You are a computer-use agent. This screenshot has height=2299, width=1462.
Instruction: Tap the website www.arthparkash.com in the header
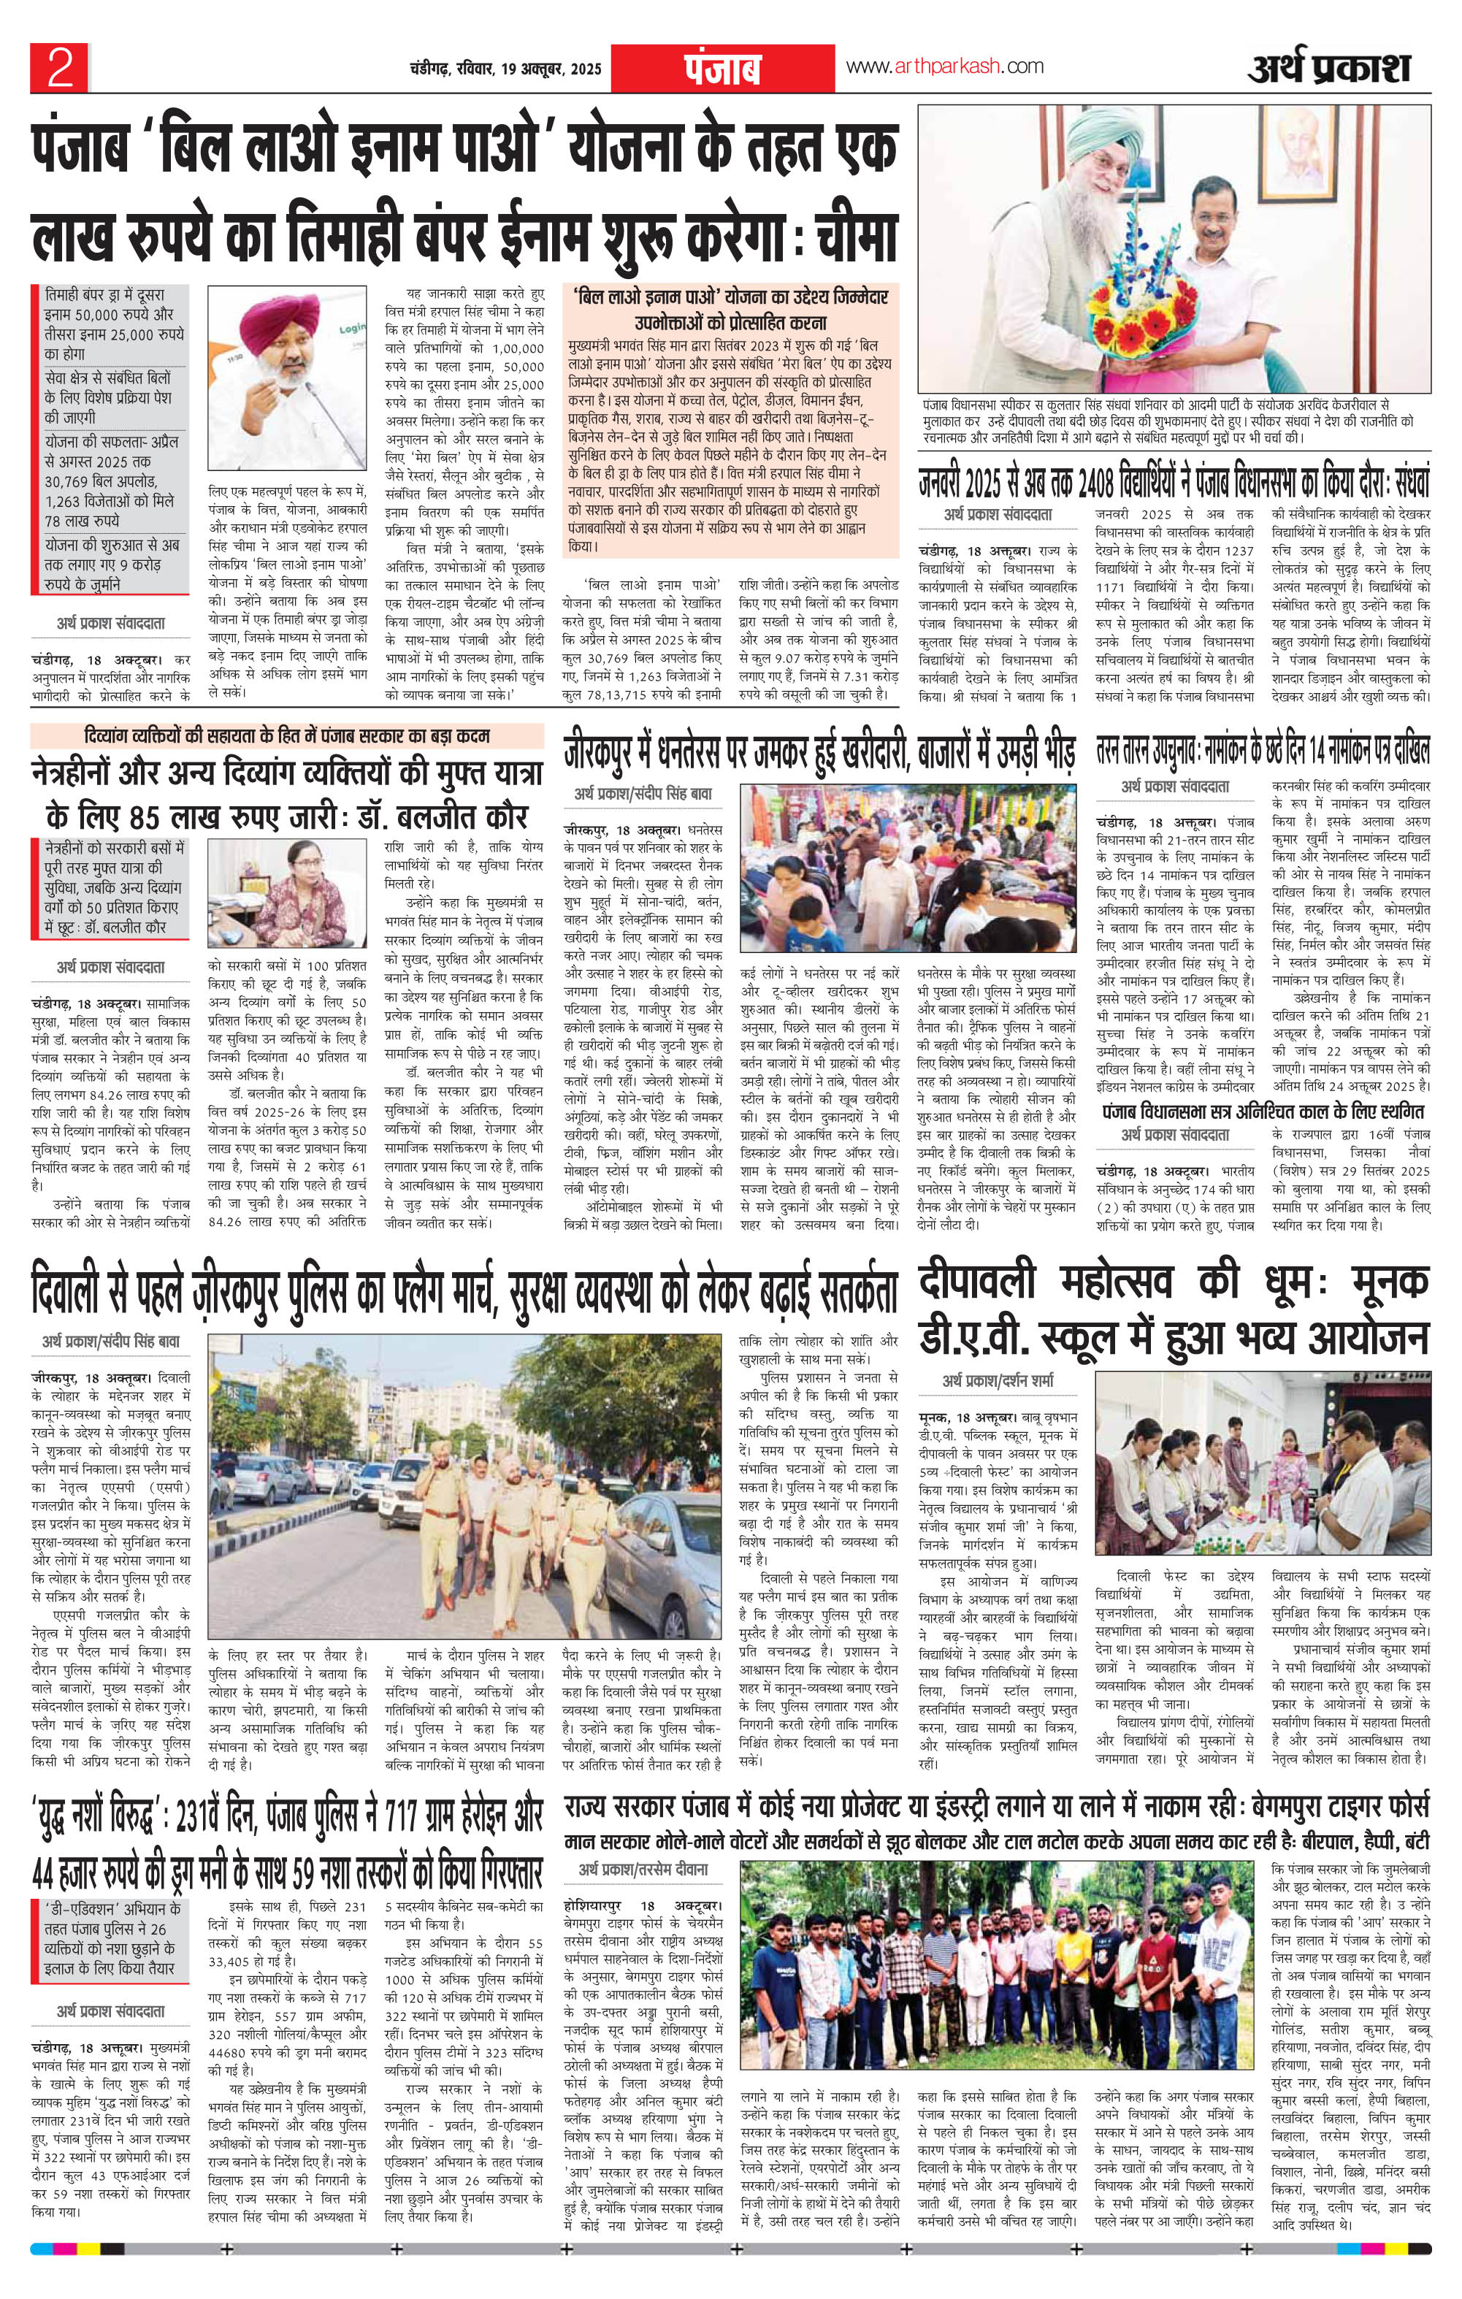tap(944, 67)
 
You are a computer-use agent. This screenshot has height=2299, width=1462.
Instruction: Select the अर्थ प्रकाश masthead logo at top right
tap(1328, 69)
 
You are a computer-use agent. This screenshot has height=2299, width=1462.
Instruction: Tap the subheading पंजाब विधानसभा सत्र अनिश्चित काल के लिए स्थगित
tap(1263, 1112)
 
